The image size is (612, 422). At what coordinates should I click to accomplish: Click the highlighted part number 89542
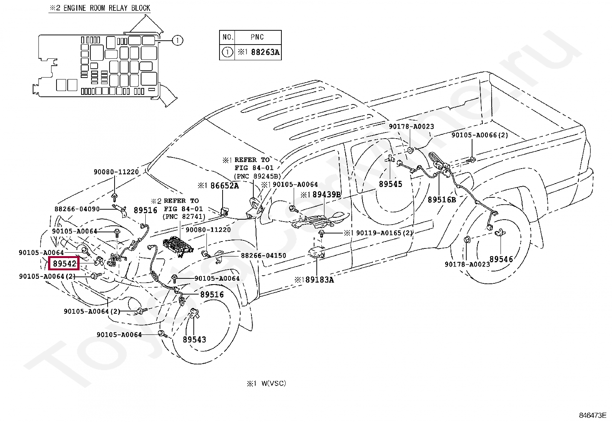point(65,263)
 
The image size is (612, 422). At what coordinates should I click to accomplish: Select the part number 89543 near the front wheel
point(194,339)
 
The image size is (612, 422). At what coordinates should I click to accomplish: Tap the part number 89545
point(391,184)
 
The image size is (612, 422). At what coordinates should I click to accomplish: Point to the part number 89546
point(501,259)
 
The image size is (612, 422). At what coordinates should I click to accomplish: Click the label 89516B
point(442,200)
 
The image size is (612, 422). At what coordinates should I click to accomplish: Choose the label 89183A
point(320,280)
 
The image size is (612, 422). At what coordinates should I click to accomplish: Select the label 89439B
point(326,194)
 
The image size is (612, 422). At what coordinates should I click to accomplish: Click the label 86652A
point(225,185)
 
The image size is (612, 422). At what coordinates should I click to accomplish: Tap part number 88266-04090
point(77,209)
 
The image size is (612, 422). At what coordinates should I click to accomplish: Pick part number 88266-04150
point(263,255)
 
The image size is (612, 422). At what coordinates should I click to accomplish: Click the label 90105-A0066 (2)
point(479,135)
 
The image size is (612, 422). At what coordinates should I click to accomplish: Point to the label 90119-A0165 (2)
point(384,233)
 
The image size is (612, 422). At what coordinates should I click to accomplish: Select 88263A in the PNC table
point(265,52)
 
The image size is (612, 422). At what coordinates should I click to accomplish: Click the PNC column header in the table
point(257,37)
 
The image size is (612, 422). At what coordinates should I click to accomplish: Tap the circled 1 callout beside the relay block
point(178,40)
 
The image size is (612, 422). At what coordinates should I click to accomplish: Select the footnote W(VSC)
point(273,383)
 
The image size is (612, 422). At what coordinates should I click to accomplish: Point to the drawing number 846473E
point(592,415)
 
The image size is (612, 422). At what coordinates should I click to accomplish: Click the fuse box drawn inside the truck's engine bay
point(178,247)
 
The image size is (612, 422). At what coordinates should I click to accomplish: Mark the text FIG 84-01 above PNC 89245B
point(254,168)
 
